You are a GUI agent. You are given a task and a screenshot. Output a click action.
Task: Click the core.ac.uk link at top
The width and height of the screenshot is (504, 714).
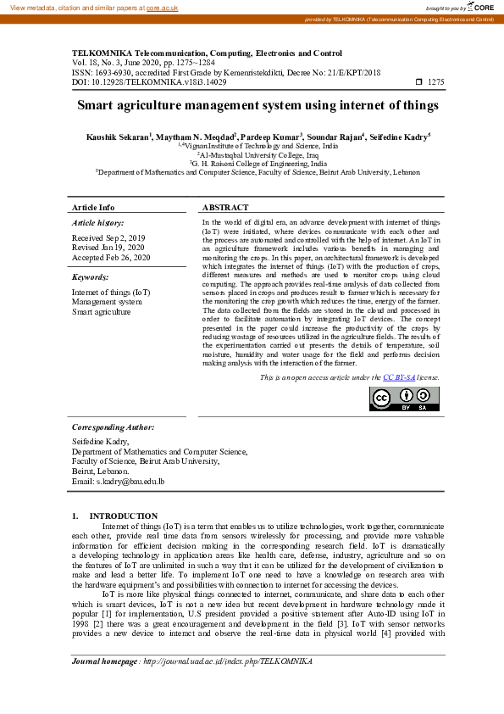pyautogui.click(x=162, y=7)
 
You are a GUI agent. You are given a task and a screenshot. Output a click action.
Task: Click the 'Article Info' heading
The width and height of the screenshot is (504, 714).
pyautogui.click(x=93, y=208)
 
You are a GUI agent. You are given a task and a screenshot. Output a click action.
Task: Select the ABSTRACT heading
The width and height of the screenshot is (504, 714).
pyautogui.click(x=225, y=208)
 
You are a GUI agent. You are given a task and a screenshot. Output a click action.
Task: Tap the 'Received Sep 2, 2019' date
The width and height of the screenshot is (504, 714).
pyautogui.click(x=108, y=238)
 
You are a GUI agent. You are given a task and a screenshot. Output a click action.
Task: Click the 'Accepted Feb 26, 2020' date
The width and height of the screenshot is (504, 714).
pyautogui.click(x=111, y=257)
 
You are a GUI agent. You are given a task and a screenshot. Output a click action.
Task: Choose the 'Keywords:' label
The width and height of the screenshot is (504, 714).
pyautogui.click(x=91, y=276)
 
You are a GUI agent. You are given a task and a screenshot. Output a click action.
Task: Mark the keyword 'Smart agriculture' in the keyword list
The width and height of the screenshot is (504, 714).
pyautogui.click(x=102, y=311)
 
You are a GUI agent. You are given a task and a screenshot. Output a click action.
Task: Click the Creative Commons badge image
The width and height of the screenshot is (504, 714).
pyautogui.click(x=404, y=399)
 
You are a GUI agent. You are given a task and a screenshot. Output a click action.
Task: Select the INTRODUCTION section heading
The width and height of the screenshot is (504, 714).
pyautogui.click(x=123, y=516)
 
